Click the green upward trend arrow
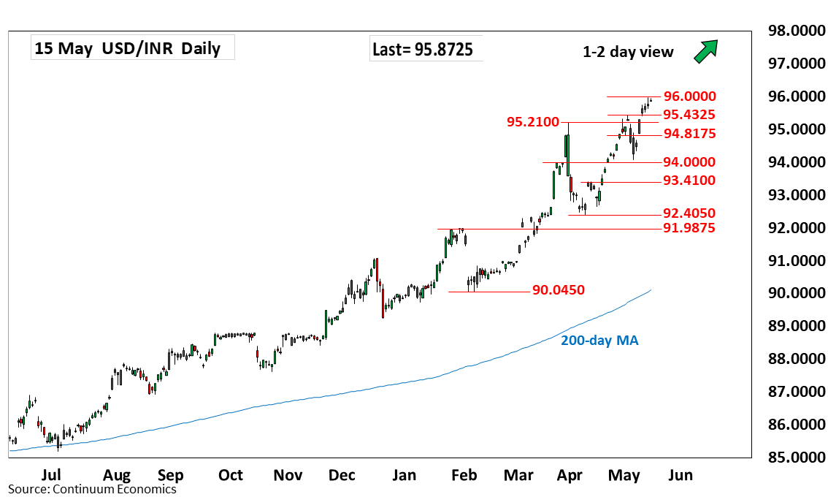point(706,51)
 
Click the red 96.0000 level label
point(690,96)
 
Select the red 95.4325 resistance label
point(689,115)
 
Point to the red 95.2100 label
point(533,122)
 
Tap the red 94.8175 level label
point(690,134)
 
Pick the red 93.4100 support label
point(689,181)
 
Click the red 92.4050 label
point(689,213)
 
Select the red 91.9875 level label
point(689,228)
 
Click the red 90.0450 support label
point(558,289)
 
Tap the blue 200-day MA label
point(599,341)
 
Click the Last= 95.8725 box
point(426,49)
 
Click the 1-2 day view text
point(628,52)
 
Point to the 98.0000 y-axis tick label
point(797,31)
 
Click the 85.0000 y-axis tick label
point(797,457)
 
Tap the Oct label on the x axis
point(231,475)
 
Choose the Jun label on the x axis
point(681,475)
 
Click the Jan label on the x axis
point(404,475)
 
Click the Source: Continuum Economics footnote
point(93,489)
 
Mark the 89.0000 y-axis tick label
point(797,326)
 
